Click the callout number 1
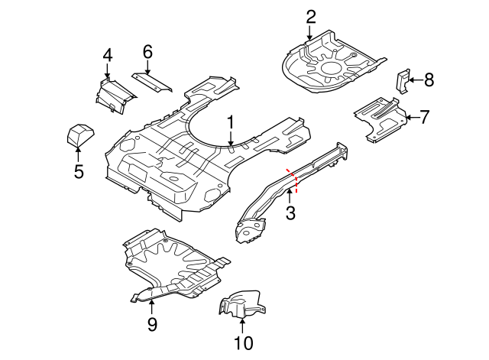point(230,122)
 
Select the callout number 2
point(310,16)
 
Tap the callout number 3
point(290,213)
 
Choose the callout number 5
point(79,171)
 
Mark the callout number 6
point(147,51)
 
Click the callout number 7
point(425,117)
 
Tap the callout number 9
point(151,325)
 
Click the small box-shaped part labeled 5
point(78,137)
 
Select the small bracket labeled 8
point(400,79)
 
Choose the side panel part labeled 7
point(380,116)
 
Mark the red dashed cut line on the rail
point(293,180)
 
